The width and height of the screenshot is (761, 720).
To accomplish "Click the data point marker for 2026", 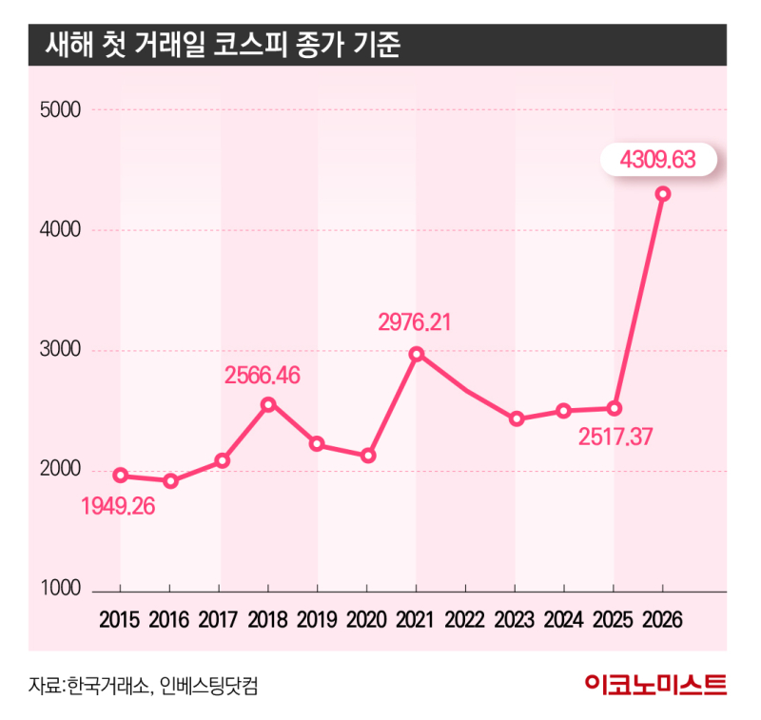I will [x=663, y=194].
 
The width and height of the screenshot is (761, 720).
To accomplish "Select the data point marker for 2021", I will [x=416, y=354].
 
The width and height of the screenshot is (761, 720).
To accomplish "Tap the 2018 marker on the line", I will [x=268, y=404].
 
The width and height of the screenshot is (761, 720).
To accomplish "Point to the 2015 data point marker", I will [x=120, y=475].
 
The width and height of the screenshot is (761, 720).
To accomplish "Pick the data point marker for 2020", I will [x=368, y=456].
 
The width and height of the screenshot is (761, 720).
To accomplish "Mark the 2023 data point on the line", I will [x=517, y=418].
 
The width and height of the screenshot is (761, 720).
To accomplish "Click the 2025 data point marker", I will [x=615, y=409].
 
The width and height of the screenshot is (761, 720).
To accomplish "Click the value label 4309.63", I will [x=657, y=161].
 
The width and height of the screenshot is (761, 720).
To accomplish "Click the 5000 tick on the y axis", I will [x=61, y=109].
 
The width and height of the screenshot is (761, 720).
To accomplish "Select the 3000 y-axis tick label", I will [x=61, y=351].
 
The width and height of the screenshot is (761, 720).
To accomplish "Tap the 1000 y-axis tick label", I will [x=61, y=591].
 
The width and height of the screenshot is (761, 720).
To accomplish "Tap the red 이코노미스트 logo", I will [x=655, y=684].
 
